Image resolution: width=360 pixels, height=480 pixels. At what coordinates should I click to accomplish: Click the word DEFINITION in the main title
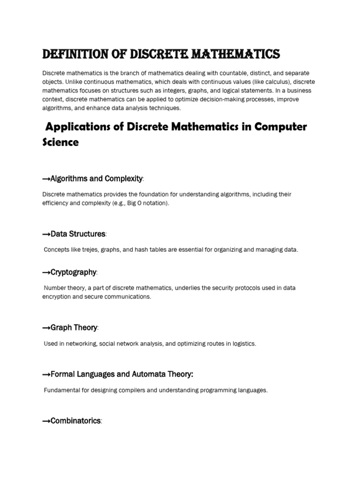(73, 55)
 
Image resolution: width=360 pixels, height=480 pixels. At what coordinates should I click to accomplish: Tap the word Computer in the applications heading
(279, 127)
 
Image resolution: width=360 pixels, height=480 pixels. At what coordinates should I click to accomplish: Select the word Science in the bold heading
(60, 142)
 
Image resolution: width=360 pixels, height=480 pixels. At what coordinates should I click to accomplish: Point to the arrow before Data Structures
(46, 234)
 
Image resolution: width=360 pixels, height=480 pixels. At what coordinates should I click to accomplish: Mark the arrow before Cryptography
(46, 272)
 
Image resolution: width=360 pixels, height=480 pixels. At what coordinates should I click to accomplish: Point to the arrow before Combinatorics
(46, 421)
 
